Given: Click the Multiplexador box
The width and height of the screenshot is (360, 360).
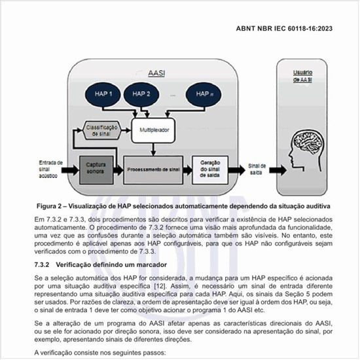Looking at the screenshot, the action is click(154, 130).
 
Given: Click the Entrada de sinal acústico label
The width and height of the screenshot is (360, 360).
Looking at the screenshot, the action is click(51, 168).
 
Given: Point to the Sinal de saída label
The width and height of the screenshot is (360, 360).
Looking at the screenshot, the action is click(257, 168).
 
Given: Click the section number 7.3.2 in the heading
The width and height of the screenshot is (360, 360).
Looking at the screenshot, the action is click(43, 263).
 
